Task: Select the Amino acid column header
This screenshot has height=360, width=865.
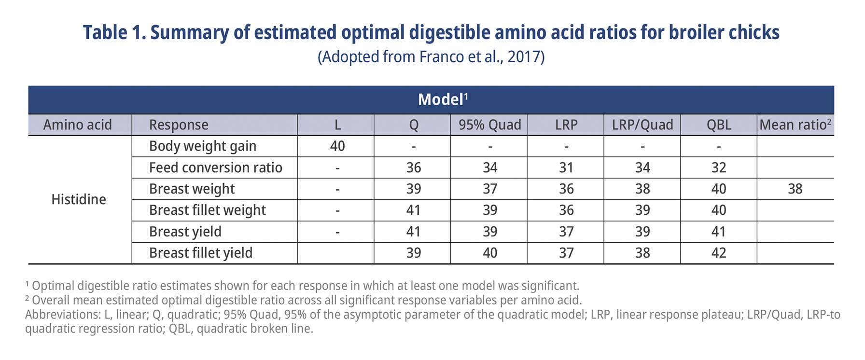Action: coord(77,125)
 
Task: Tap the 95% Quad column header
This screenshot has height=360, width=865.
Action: coord(489,125)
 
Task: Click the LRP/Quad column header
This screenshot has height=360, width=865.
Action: coord(642,125)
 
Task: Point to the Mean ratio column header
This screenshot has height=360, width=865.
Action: coord(795,125)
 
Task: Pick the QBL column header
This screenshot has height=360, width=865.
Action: coord(718,125)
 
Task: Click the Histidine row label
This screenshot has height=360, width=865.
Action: coord(79,199)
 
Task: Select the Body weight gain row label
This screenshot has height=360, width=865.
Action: coord(202,146)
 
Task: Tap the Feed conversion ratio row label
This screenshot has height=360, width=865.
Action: coord(215,167)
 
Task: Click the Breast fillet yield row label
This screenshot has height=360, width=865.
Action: coord(200,253)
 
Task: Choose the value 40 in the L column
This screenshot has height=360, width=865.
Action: coord(337,146)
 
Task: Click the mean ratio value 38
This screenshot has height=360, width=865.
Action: coord(795,189)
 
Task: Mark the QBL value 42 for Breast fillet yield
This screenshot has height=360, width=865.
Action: coord(718,253)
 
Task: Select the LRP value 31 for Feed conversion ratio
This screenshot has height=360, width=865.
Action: coord(566,167)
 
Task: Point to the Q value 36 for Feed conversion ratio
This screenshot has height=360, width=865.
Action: coord(413,167)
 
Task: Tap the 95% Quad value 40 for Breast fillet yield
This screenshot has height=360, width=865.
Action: coord(489,253)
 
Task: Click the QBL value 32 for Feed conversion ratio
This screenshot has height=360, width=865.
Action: coord(718,167)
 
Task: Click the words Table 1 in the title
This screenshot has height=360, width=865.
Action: coord(114,33)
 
